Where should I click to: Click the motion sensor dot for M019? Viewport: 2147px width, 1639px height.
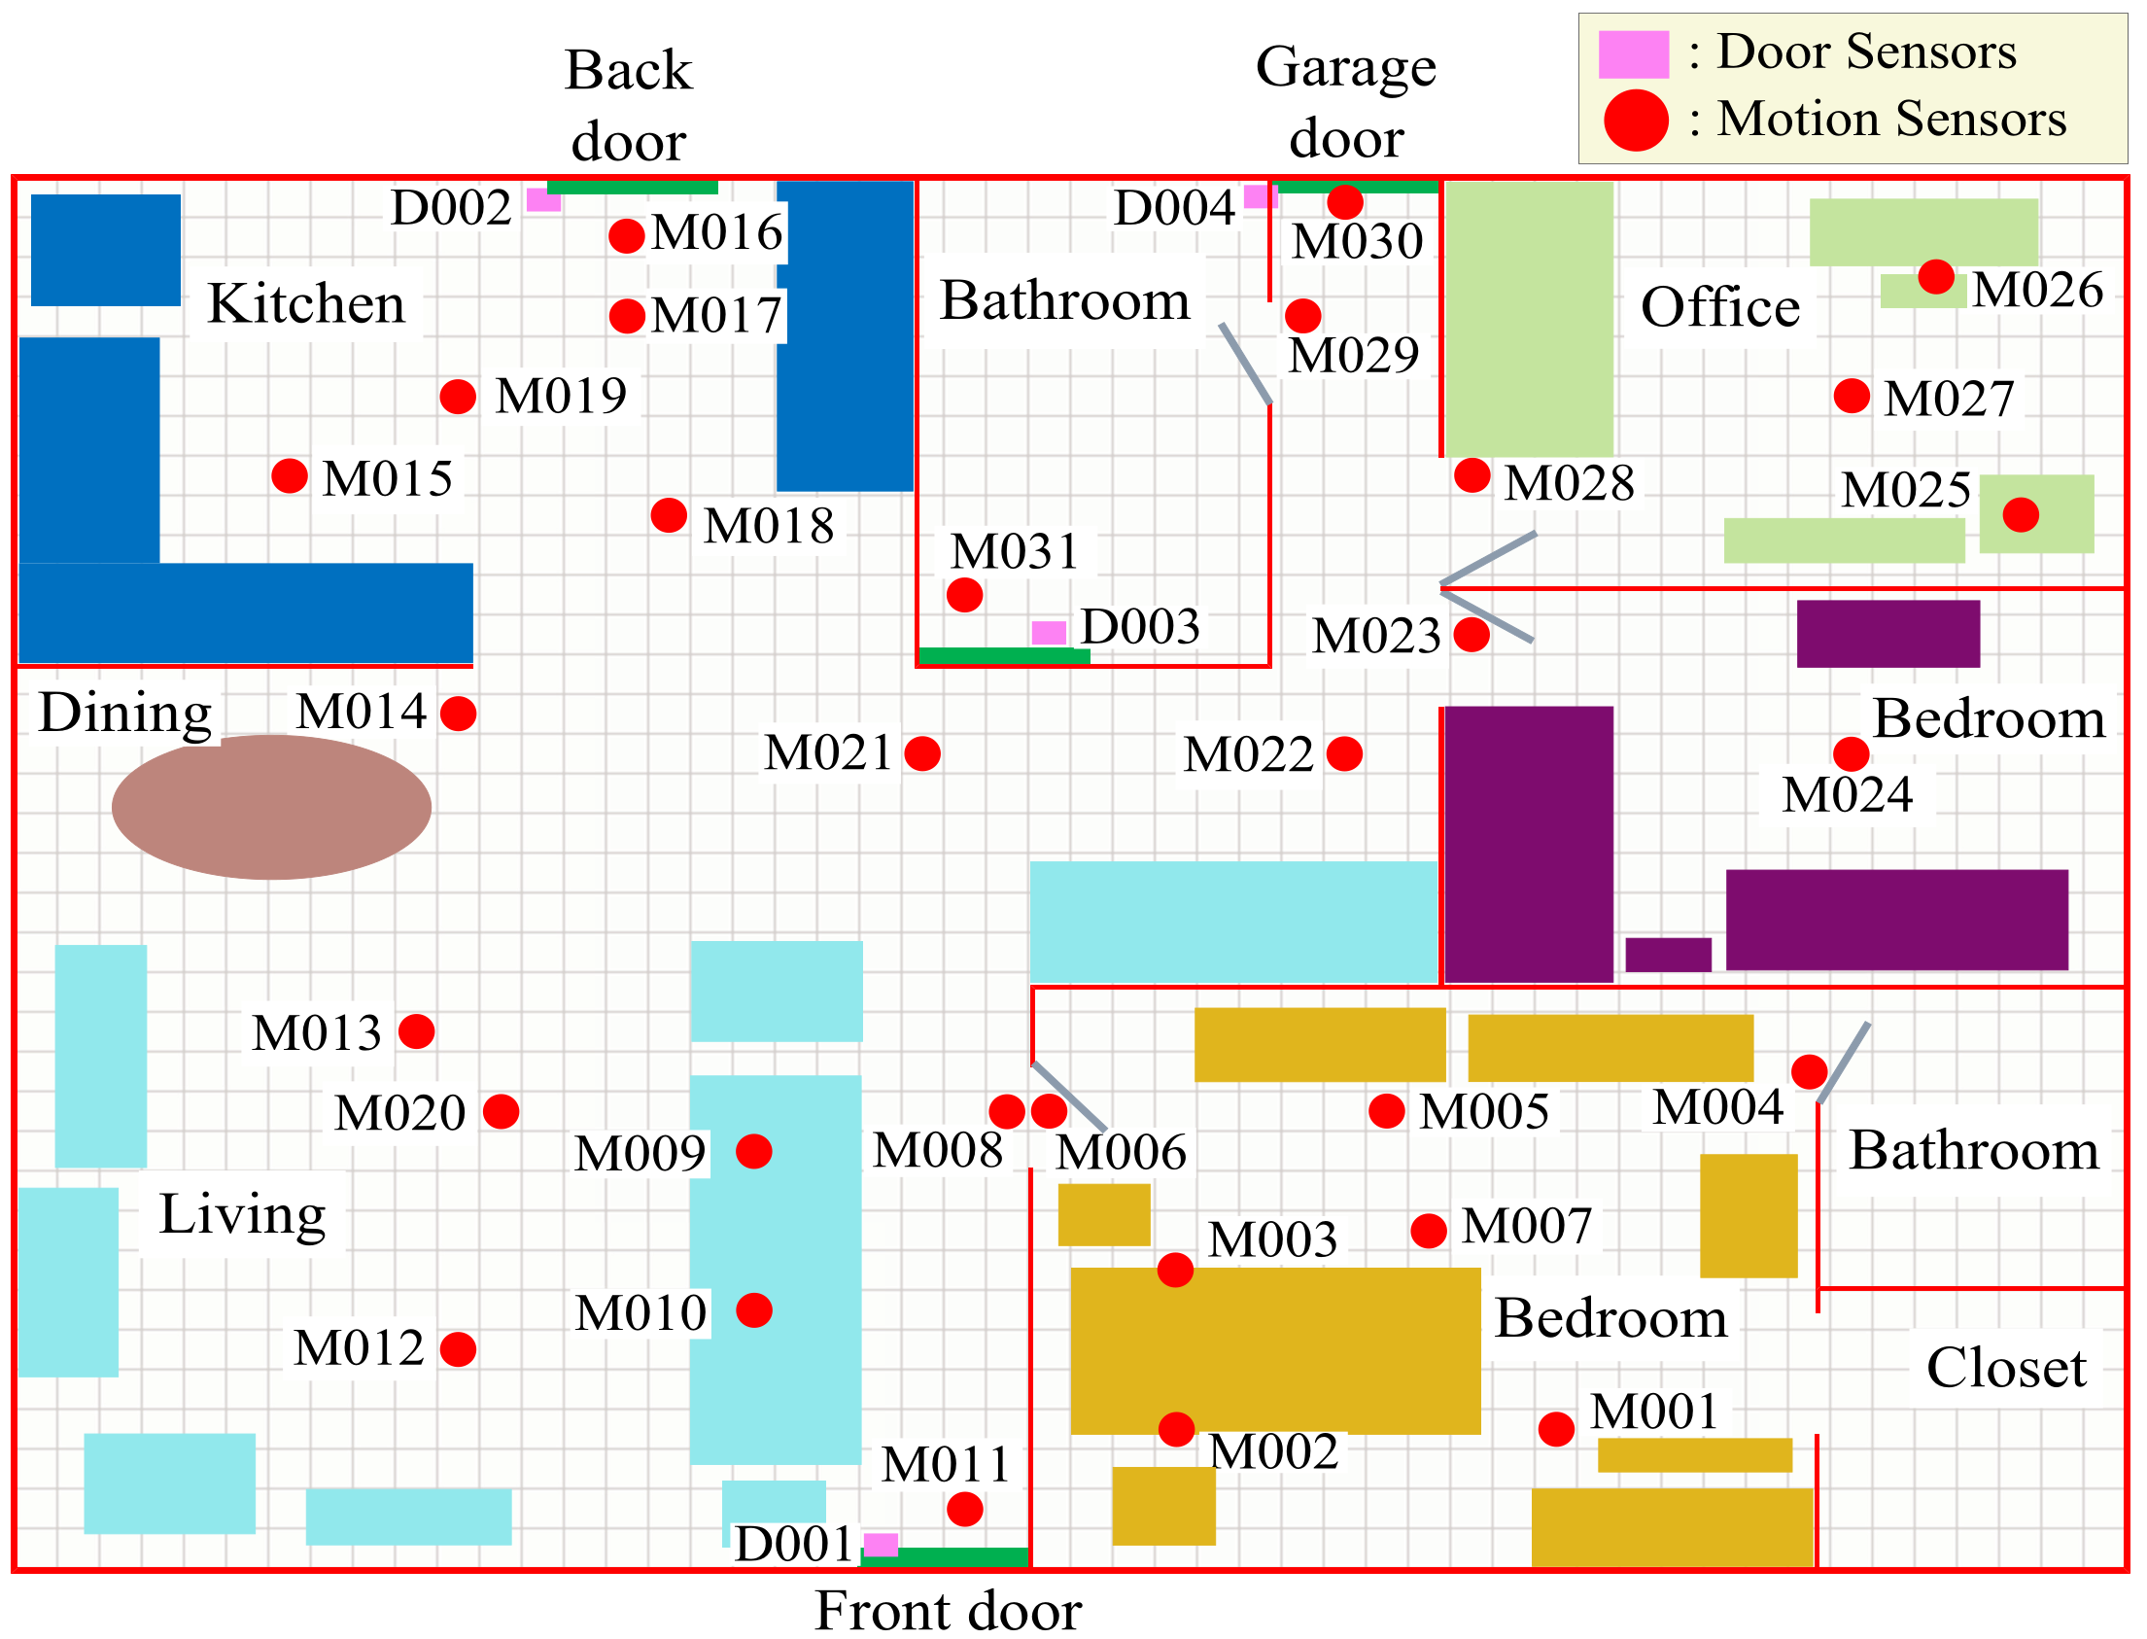click(458, 397)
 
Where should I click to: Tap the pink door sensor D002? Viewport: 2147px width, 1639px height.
click(543, 200)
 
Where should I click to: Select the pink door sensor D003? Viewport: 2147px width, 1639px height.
click(1049, 633)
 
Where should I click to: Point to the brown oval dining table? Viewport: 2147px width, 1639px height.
click(271, 808)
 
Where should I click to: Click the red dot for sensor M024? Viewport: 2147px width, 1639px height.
click(1851, 754)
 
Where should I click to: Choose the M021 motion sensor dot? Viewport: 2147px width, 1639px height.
click(921, 754)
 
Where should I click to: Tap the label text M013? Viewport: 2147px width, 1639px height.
click(316, 1033)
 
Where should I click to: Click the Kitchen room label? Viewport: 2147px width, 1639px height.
click(305, 303)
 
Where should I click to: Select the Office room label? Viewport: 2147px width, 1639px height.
click(1719, 307)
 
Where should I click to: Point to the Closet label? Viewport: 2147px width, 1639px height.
click(2005, 1368)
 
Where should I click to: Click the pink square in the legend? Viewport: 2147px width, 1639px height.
click(1633, 54)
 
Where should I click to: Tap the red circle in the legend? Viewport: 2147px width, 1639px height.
click(1636, 121)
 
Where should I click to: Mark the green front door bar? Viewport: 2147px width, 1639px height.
click(945, 1557)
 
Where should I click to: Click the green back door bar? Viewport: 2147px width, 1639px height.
click(632, 188)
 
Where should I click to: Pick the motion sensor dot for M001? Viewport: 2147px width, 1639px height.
click(1556, 1430)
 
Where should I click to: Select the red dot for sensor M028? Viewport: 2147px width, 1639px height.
click(1472, 476)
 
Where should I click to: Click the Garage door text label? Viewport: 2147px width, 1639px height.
click(1346, 102)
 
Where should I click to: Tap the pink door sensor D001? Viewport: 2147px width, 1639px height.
click(881, 1546)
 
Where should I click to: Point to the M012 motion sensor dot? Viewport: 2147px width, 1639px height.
click(458, 1350)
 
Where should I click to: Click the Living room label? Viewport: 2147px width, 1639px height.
click(242, 1215)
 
